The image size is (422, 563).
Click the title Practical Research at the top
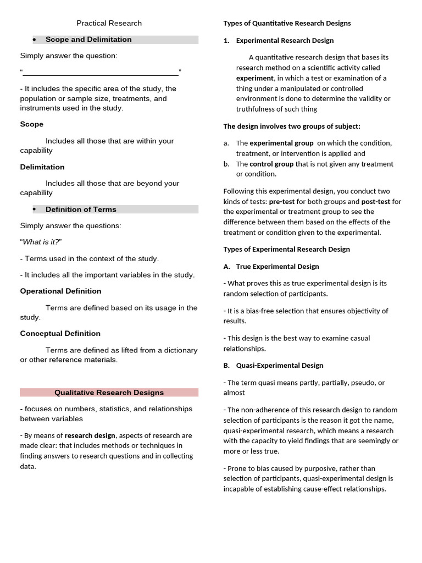tap(109, 23)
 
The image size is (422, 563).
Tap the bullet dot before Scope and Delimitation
tap(34, 40)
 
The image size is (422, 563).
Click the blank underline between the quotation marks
tap(101, 73)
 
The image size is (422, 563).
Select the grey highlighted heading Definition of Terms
tap(81, 209)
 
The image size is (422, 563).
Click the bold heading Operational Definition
tap(60, 291)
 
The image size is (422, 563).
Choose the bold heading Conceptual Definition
tap(60, 334)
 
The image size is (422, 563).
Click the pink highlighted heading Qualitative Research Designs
tap(109, 393)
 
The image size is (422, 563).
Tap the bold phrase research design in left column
tap(90, 435)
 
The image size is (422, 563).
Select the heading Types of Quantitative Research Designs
tap(287, 23)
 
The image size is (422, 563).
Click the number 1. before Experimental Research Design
tap(226, 41)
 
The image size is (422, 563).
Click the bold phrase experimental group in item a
tap(281, 143)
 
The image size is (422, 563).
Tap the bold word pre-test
tap(282, 202)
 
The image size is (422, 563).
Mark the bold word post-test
tap(375, 202)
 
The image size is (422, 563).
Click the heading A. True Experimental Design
tap(271, 267)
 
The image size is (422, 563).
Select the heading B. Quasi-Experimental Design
tap(273, 366)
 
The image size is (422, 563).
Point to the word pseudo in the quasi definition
tap(360, 383)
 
